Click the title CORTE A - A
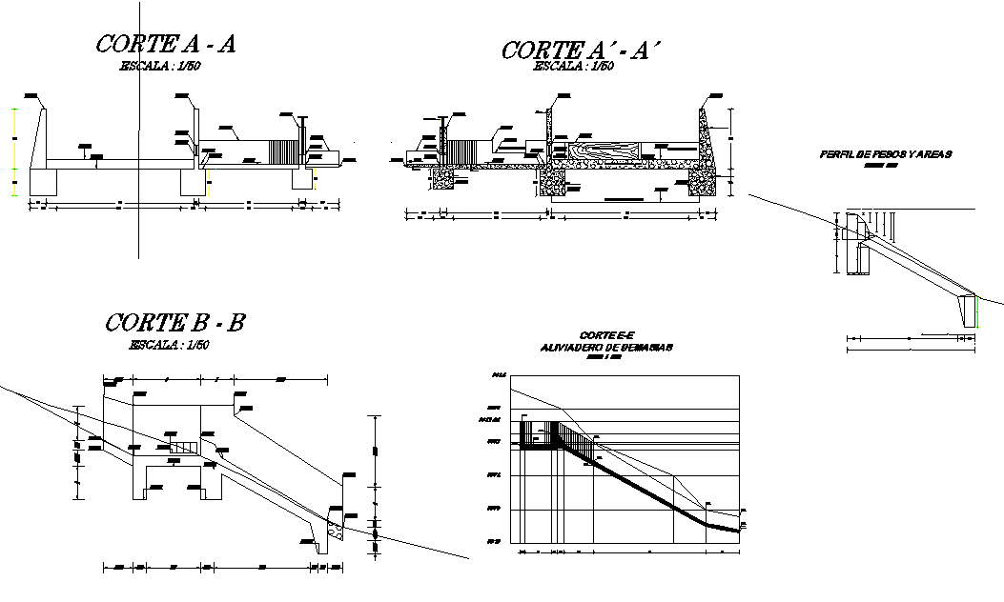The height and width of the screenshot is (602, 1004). (x=166, y=44)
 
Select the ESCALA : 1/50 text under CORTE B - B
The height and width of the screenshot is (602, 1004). (x=169, y=345)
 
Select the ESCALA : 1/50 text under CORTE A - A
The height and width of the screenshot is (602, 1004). (x=159, y=66)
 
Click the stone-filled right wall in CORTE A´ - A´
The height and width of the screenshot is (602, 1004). (x=706, y=152)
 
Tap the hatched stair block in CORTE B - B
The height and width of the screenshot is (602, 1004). (x=184, y=446)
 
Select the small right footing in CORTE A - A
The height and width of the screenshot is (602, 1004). (x=301, y=177)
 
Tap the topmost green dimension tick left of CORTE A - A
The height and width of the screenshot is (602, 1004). (x=13, y=110)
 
